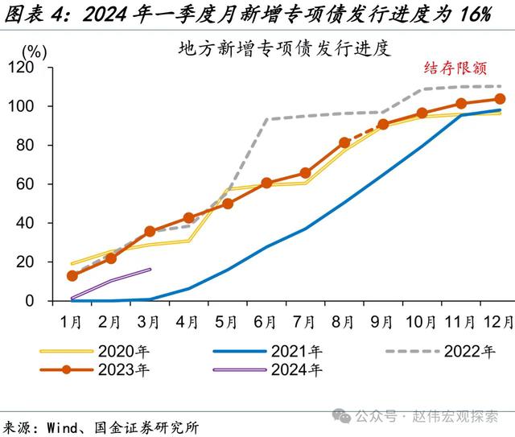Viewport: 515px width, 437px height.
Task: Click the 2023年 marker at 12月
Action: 500,99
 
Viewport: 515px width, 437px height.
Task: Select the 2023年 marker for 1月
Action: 72,276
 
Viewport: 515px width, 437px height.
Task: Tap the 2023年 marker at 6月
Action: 266,183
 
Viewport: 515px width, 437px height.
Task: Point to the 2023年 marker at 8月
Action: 344,142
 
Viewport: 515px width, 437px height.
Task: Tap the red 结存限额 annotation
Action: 455,68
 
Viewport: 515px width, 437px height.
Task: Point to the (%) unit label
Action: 35,51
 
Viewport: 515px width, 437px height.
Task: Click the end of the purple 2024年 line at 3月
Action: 150,270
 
